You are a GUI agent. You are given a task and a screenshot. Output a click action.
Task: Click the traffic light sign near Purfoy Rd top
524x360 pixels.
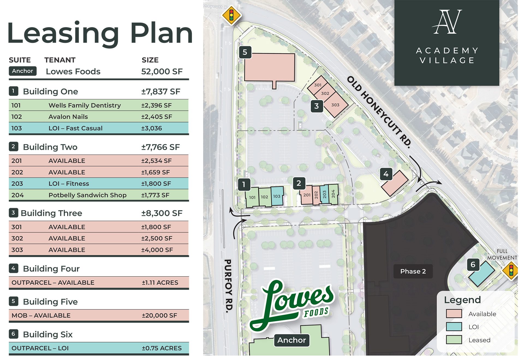point(231,15)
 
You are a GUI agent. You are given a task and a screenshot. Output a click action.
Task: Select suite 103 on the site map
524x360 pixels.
point(277,196)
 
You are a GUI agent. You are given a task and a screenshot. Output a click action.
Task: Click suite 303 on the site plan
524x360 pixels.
point(335,105)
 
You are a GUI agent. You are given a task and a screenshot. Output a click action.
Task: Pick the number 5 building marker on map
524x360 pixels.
point(245,52)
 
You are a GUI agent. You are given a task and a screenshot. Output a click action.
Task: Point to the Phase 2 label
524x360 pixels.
point(413,271)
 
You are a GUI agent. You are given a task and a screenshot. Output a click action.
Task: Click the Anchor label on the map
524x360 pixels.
point(291,340)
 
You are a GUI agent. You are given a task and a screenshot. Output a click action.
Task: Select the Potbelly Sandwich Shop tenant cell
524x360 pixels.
point(87,195)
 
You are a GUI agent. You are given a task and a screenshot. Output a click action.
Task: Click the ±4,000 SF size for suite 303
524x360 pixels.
point(157,250)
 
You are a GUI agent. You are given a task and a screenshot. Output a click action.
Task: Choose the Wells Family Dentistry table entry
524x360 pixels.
point(85,105)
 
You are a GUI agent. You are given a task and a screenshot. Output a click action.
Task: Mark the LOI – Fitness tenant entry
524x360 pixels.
point(69,184)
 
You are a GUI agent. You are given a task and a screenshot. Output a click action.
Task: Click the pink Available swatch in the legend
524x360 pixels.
point(454,314)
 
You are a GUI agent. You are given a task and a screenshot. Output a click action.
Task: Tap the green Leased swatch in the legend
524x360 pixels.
point(454,340)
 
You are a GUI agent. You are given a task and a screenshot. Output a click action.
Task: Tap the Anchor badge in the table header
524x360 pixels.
point(22,71)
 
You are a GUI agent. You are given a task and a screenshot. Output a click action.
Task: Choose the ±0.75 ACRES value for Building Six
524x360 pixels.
point(162,348)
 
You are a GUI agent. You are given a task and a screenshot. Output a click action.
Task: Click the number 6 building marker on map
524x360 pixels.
point(473,265)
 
